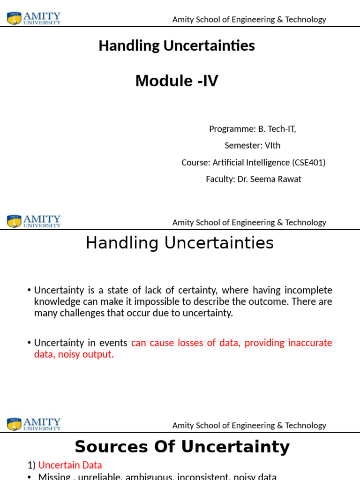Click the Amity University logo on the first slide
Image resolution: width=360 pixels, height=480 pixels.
coord(34,18)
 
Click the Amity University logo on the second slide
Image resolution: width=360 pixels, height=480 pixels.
coord(34,221)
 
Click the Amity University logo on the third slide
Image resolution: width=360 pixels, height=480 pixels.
coord(34,424)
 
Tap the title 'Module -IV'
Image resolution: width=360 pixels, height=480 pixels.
coord(177,81)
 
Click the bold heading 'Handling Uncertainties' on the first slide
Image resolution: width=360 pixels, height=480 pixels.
coord(177,45)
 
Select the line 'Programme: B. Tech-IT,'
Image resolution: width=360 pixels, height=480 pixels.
coord(252,128)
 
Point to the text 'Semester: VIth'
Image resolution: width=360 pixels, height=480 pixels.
coord(252,145)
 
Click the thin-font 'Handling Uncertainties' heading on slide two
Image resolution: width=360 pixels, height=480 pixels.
coord(180,243)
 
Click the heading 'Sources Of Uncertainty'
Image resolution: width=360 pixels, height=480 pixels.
coord(182,447)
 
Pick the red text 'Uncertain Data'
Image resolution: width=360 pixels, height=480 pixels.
coord(70,465)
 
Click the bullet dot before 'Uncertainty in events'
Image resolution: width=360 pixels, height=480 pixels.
coord(30,343)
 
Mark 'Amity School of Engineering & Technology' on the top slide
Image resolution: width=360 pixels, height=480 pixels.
coord(249,19)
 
